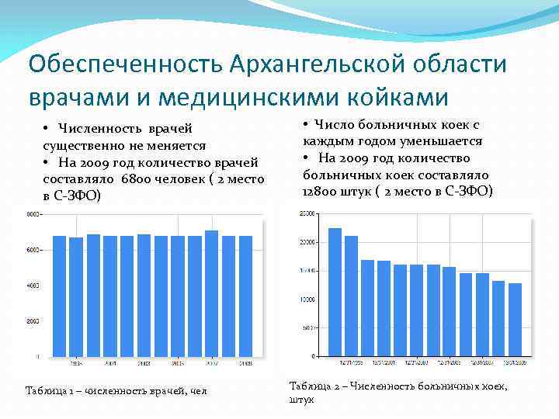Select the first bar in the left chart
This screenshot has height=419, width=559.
(59, 296)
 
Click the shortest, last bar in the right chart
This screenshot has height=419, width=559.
(515, 320)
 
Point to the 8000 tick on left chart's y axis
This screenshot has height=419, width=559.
(33, 214)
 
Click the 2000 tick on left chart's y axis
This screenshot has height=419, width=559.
(33, 321)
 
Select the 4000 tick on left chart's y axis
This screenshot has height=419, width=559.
(33, 286)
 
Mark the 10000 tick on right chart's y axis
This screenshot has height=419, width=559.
(307, 300)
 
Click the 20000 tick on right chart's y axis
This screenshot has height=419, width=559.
(307, 242)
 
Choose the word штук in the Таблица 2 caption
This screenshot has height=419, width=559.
(301, 400)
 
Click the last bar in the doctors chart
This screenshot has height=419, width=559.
(245, 296)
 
